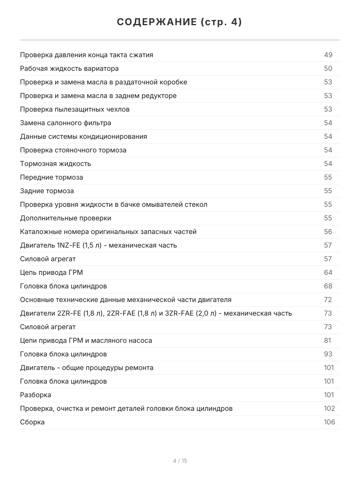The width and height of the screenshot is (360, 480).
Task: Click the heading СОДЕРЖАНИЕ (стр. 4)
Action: [180, 22]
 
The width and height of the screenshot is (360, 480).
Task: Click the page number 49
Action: [328, 55]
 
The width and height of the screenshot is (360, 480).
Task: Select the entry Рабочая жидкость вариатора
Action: [69, 68]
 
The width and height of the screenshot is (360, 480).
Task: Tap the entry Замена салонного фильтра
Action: [66, 123]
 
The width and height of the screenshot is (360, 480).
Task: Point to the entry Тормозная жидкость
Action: [56, 164]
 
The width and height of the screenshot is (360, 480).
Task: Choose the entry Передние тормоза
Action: [52, 177]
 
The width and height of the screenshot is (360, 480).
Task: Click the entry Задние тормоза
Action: [47, 191]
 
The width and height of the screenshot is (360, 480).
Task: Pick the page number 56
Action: [328, 232]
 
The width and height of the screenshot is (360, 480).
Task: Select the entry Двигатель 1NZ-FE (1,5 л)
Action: [98, 245]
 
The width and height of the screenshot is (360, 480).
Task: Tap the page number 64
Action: [328, 272]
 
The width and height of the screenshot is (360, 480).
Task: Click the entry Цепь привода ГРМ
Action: [52, 272]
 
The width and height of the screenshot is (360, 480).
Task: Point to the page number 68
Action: [328, 286]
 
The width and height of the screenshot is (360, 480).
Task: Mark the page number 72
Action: [328, 300]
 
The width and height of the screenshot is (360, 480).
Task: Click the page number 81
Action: [328, 340]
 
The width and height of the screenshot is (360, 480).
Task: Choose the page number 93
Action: [328, 354]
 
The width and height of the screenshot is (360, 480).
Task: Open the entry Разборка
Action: [36, 395]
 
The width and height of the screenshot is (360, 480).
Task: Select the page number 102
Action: [329, 408]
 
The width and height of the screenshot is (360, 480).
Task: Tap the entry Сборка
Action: [32, 422]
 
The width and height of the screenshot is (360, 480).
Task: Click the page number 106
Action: [329, 422]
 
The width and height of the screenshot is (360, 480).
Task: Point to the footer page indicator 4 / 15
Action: [180, 461]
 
